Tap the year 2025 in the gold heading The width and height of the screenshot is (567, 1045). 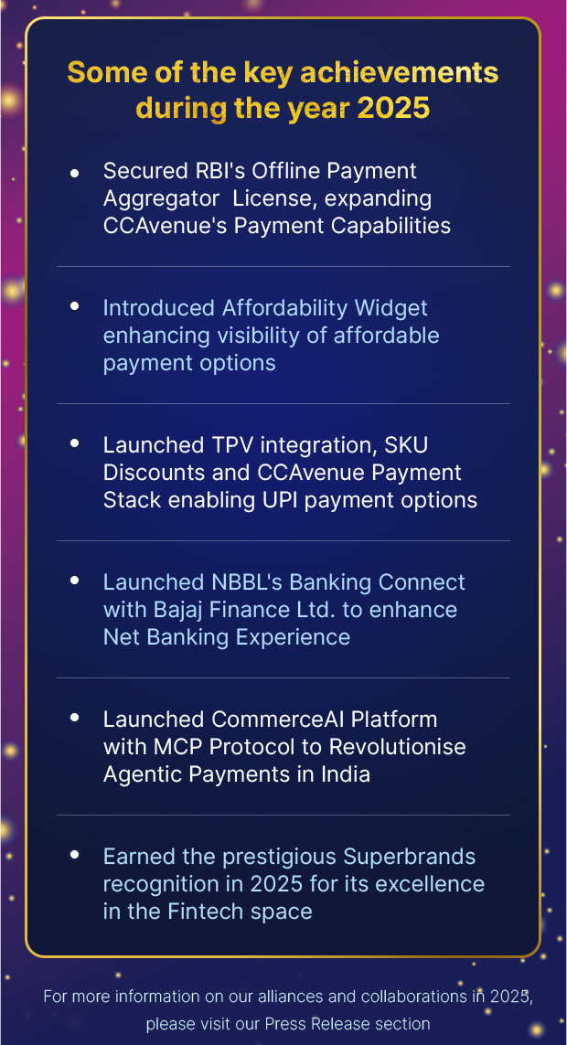(393, 108)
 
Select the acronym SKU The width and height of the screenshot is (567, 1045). (408, 445)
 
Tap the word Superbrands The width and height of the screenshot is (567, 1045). (410, 857)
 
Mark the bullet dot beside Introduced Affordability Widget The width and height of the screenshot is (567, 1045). (74, 307)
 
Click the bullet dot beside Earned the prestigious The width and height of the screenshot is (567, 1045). (74, 856)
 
